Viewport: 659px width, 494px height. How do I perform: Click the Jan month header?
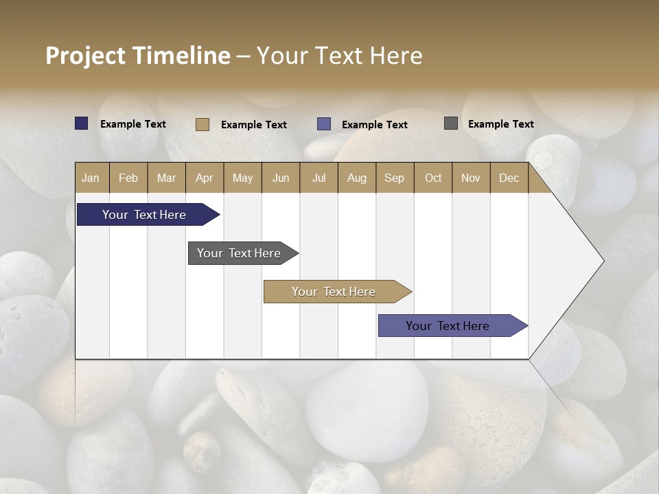(91, 178)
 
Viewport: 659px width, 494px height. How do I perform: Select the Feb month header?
(128, 178)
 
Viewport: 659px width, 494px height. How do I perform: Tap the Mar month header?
(166, 178)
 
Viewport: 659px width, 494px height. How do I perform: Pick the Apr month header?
(205, 178)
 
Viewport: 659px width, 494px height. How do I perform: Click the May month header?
(242, 178)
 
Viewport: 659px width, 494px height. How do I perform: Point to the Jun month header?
(281, 178)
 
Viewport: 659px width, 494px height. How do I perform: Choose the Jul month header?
(319, 178)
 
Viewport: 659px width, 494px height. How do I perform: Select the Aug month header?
(357, 178)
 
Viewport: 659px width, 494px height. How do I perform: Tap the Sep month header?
(395, 178)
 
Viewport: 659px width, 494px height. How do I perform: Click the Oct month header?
(433, 178)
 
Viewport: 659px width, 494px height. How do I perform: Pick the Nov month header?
(471, 178)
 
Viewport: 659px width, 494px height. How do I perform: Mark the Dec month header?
(509, 178)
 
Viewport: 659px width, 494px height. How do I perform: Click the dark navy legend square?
(82, 123)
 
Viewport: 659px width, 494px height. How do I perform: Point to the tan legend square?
(203, 124)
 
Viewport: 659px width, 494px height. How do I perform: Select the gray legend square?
(451, 123)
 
